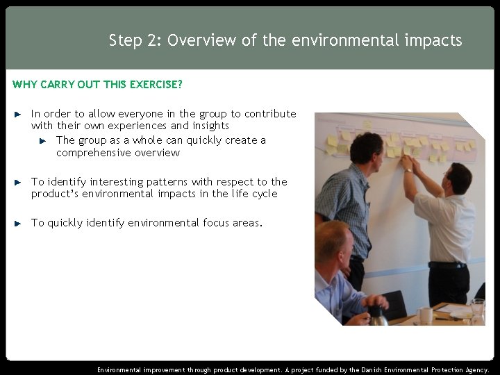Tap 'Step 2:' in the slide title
tap(135, 40)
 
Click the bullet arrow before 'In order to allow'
tap(19, 113)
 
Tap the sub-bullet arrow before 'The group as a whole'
tap(43, 140)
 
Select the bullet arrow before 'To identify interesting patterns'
tap(19, 182)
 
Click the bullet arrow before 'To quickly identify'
tap(19, 223)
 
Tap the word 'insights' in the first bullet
tap(210, 126)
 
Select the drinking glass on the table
tap(477, 308)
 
